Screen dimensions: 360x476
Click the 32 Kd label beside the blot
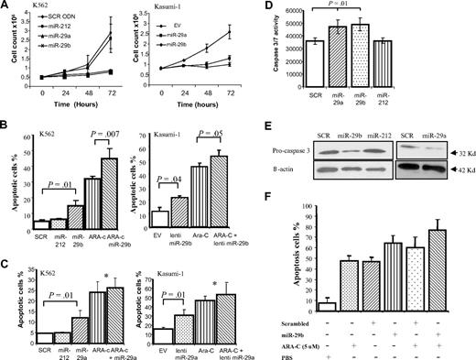coord(460,125)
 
